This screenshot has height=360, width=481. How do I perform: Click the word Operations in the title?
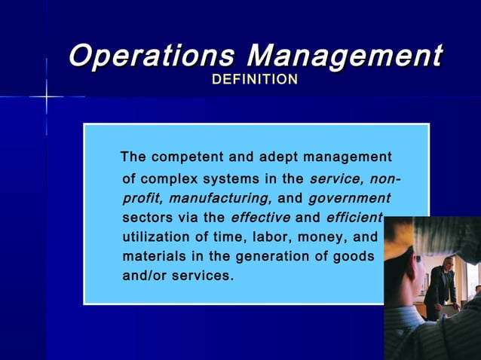pos(151,55)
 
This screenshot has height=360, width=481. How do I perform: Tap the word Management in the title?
pos(345,55)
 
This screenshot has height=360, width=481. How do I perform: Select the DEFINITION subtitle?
pos(255,79)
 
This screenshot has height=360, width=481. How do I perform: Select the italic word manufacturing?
pos(219,199)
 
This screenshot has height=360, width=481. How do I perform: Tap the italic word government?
pos(349,199)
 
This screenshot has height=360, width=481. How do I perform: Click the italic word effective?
pos(260,218)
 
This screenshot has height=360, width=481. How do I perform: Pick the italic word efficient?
pos(354,218)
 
